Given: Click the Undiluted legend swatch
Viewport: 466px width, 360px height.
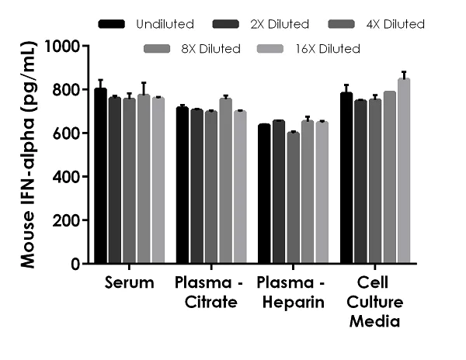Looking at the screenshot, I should (113, 25).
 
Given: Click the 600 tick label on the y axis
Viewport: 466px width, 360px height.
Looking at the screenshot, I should (70, 133).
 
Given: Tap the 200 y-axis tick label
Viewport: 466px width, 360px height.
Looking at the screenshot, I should (70, 220).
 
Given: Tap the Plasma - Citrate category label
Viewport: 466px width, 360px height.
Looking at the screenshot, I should (206, 292).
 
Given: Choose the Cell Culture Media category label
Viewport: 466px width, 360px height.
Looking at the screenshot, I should (374, 301).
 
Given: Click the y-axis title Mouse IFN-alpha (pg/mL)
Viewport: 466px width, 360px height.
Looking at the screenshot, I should (29, 155).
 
